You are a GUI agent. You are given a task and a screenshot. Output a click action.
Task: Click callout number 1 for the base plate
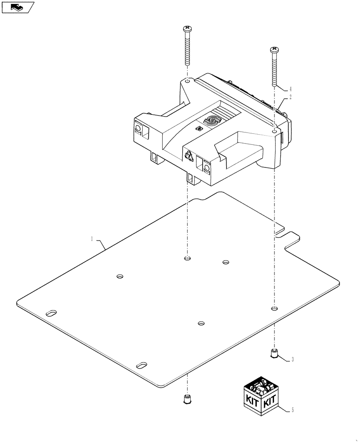[92, 239]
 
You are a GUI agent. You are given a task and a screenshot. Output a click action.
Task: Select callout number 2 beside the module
[290, 97]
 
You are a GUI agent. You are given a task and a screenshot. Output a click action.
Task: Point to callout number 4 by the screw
[290, 89]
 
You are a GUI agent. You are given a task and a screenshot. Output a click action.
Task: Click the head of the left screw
[187, 29]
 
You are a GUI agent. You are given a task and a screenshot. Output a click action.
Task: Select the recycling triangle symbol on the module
[189, 155]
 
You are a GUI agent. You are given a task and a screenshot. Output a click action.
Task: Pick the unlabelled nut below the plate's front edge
[187, 399]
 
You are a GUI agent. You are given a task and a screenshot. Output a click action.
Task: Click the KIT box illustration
[261, 396]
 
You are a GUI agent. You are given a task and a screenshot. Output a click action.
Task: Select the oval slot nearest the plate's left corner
[51, 313]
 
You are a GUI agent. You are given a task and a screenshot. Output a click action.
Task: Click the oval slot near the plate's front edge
[142, 365]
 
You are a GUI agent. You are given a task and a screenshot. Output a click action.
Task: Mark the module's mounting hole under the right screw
[275, 132]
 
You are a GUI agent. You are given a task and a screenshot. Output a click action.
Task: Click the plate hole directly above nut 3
[274, 308]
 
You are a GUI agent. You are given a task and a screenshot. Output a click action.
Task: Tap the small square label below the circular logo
[199, 128]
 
